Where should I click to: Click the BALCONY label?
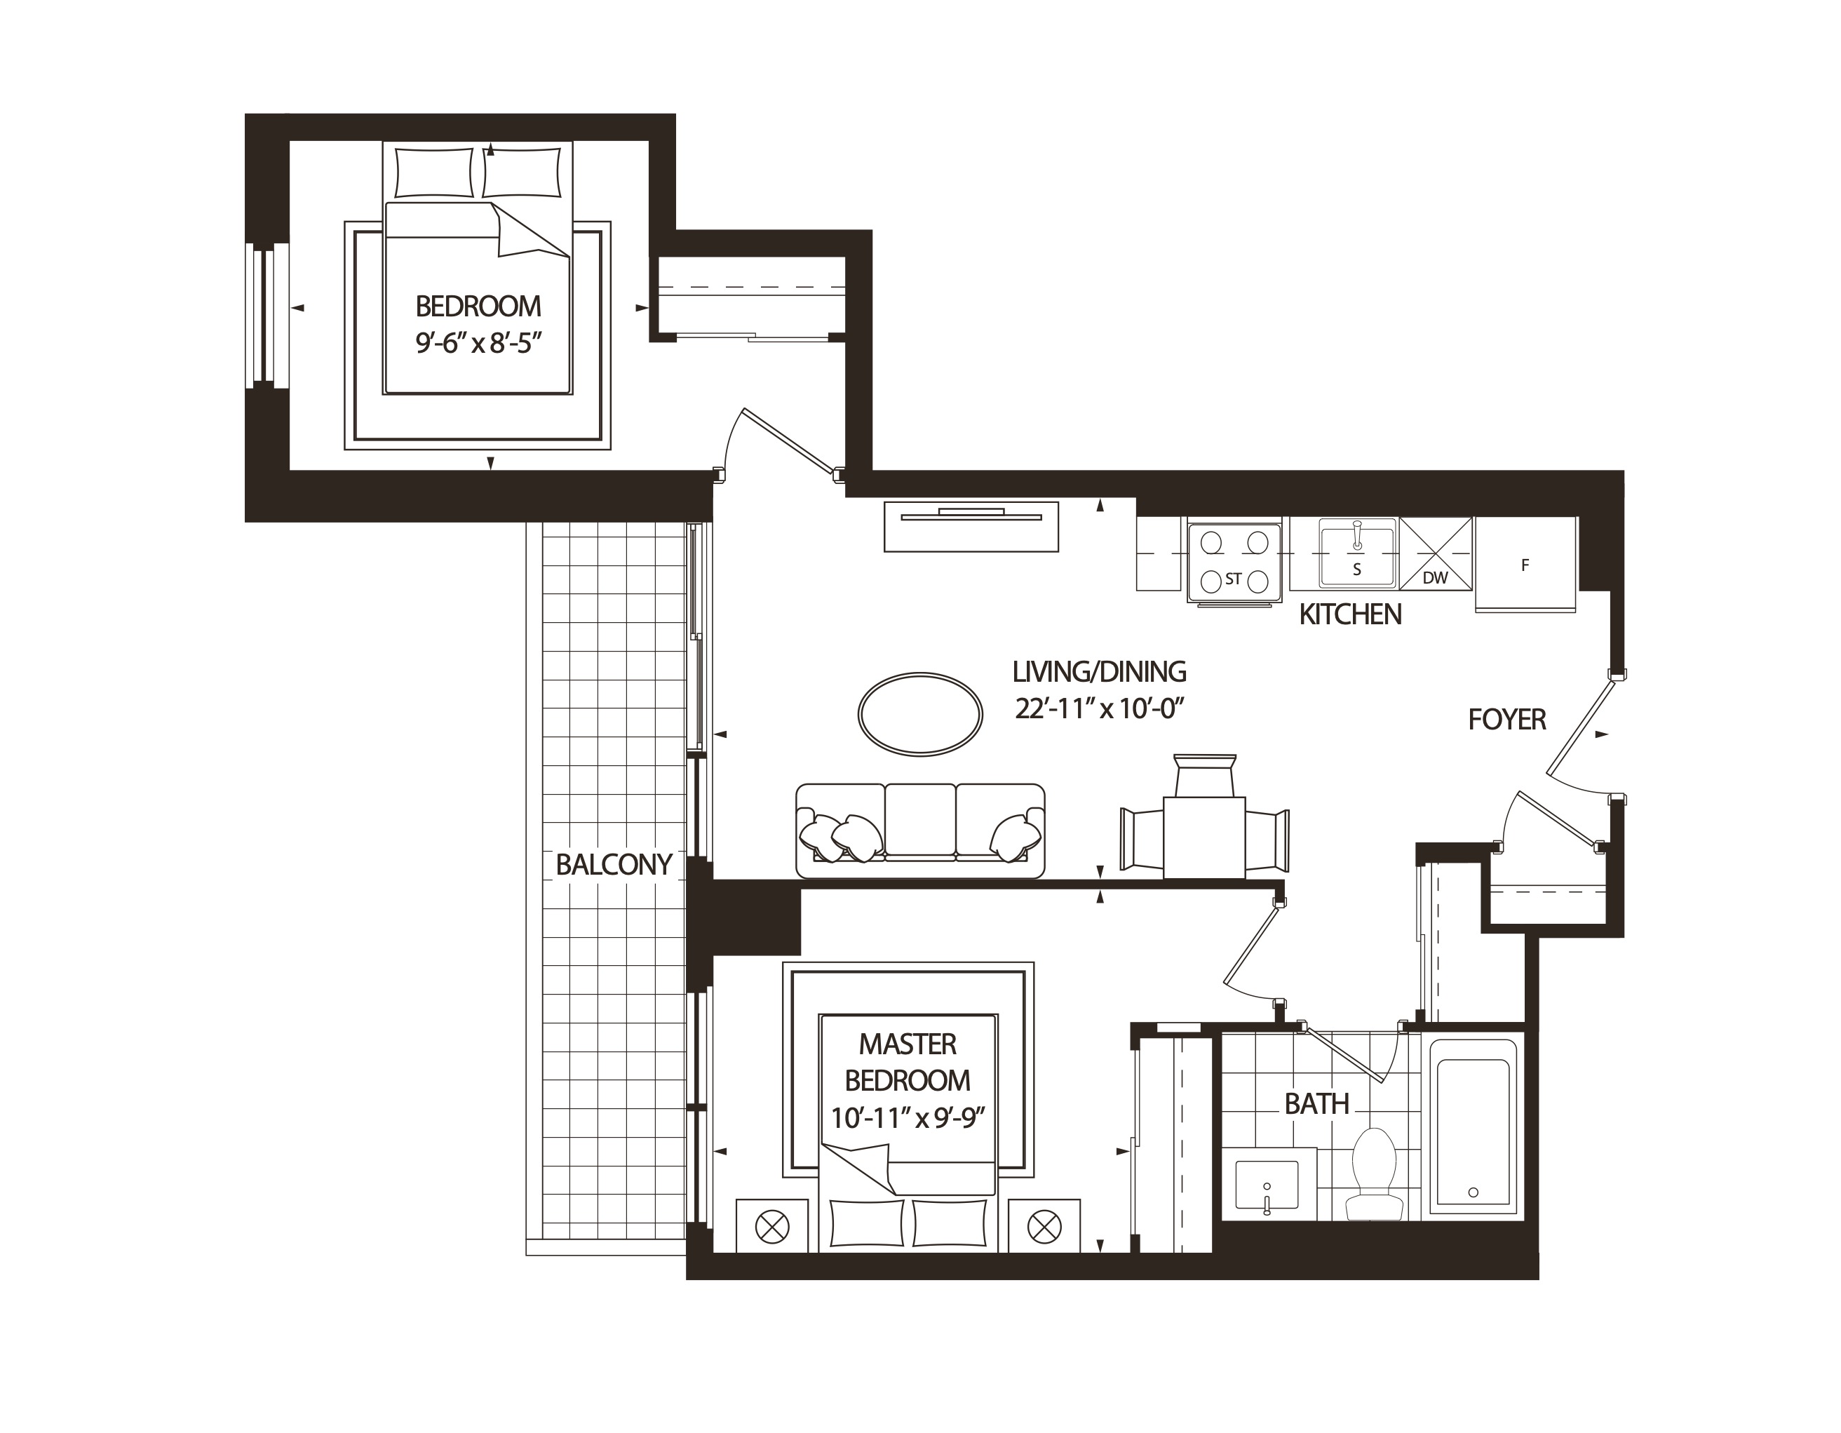pos(614,865)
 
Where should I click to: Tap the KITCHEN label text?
pos(1350,614)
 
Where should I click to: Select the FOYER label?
pos(1507,719)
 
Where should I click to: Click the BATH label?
pos(1316,1103)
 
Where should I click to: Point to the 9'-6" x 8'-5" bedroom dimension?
pos(478,343)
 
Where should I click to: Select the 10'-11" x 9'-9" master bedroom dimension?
pos(908,1118)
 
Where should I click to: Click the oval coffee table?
pos(919,714)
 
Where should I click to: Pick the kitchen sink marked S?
pos(1356,554)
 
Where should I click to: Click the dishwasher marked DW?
pos(1436,554)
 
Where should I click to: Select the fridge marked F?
pos(1525,565)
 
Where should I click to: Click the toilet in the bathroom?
pos(1374,1173)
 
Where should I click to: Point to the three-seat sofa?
pos(920,830)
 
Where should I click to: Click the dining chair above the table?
pos(1205,774)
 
